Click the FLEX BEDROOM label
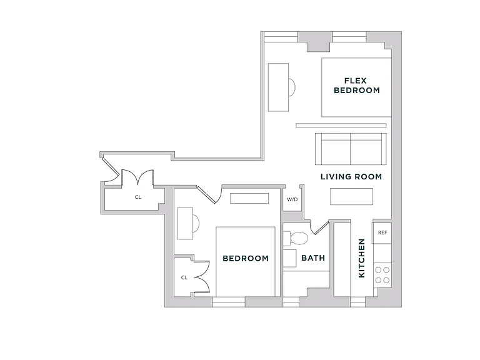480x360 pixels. pos(357,86)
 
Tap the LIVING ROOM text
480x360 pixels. pos(351,177)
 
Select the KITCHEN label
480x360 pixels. pos(361,258)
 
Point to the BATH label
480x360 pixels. pos(313,258)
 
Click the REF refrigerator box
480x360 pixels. pos(382,232)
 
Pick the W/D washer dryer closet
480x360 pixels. pos(292,199)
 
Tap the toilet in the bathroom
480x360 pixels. pos(296,239)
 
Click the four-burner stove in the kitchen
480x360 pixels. pos(382,275)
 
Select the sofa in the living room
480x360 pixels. pos(351,149)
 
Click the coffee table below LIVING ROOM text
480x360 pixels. pos(351,196)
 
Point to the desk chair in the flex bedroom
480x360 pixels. pos(292,87)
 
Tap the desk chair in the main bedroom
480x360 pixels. pos(196,223)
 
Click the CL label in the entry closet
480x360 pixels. pos(138,197)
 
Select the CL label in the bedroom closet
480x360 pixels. pos(184,277)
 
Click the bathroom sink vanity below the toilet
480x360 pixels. pos(289,258)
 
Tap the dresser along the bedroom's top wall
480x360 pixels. pos(249,198)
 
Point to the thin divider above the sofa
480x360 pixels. pos(341,125)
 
